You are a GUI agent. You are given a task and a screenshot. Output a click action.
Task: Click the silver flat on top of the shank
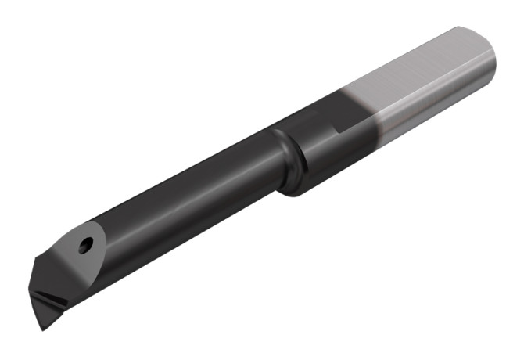[x=415, y=70]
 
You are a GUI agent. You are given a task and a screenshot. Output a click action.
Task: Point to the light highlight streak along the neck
[x=188, y=176]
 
